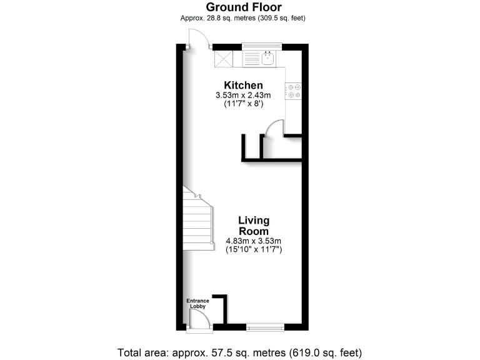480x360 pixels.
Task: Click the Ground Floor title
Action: point(244,7)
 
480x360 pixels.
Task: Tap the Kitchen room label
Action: point(244,86)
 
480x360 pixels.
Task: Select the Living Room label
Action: point(254,226)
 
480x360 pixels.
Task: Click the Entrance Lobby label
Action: point(198,304)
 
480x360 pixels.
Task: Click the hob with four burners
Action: point(293,91)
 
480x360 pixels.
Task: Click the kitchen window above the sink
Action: point(262,46)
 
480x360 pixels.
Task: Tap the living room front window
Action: point(265,326)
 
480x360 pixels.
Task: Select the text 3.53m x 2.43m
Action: point(243,96)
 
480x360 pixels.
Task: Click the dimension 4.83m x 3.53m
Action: point(254,241)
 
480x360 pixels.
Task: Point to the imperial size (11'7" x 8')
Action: point(243,104)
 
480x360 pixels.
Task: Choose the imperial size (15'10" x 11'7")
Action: point(254,250)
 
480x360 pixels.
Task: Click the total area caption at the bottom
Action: point(240,352)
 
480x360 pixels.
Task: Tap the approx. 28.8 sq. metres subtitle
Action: point(243,19)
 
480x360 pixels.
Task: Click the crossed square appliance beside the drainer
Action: point(224,58)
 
